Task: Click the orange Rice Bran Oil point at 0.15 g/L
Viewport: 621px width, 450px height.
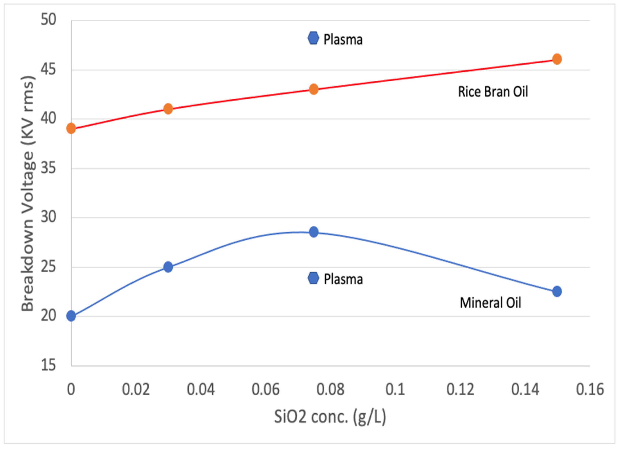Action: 557,59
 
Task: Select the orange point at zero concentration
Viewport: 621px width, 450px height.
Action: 71,128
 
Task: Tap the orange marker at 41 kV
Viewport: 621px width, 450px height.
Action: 168,109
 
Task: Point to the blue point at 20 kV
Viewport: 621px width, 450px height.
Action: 71,316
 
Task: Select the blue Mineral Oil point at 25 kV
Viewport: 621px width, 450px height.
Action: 168,267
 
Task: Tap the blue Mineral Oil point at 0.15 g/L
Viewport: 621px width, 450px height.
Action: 557,291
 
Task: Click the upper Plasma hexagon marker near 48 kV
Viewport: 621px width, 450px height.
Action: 313,38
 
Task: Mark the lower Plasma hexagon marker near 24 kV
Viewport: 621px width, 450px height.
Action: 313,278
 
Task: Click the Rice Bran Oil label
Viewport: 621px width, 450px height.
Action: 493,92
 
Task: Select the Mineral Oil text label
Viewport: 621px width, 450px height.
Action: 490,303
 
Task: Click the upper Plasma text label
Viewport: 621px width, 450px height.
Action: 343,39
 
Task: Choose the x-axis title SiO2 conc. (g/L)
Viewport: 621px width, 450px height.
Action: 330,417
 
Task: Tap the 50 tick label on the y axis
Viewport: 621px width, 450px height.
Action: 48,20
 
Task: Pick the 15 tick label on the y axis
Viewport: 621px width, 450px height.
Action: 48,366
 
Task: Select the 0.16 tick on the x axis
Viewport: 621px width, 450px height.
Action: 590,389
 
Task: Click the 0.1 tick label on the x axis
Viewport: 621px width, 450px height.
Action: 395,389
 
